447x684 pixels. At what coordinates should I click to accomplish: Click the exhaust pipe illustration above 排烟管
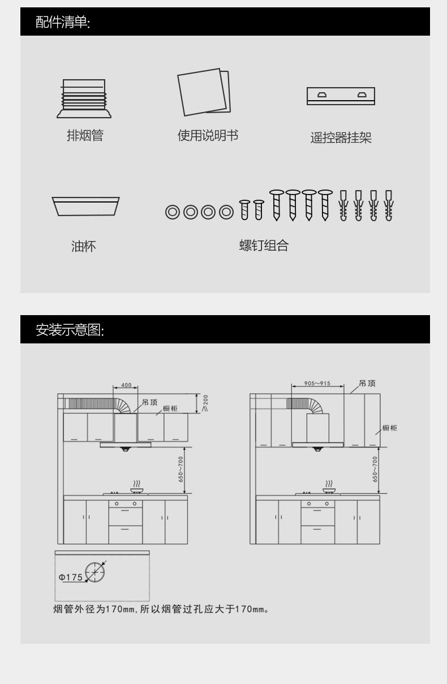(x=84, y=98)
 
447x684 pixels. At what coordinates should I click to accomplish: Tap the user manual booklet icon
(x=204, y=92)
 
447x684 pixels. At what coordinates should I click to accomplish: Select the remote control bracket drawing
(x=341, y=96)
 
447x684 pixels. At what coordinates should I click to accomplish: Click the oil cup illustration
(x=85, y=207)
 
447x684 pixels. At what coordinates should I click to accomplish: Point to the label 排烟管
(x=85, y=136)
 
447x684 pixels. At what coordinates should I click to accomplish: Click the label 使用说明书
(x=208, y=136)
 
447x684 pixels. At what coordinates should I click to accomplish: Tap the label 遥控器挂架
(x=341, y=137)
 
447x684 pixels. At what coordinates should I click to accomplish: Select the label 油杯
(x=84, y=247)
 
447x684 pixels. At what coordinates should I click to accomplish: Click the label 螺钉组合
(x=264, y=246)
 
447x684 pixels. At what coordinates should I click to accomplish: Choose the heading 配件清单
(x=63, y=22)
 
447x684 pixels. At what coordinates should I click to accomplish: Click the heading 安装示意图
(x=70, y=330)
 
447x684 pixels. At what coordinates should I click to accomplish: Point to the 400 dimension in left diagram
(x=126, y=385)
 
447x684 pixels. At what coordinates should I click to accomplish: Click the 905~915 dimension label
(x=317, y=383)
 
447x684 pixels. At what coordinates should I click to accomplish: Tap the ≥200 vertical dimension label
(x=205, y=403)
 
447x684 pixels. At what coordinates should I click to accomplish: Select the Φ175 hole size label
(x=71, y=578)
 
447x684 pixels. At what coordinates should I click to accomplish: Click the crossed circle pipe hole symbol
(x=94, y=573)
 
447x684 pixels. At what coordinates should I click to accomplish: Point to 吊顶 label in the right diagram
(x=367, y=383)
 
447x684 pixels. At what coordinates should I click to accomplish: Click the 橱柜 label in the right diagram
(x=389, y=428)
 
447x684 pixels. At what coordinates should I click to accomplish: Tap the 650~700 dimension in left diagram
(x=181, y=468)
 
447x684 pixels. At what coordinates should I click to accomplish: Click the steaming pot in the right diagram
(x=329, y=488)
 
